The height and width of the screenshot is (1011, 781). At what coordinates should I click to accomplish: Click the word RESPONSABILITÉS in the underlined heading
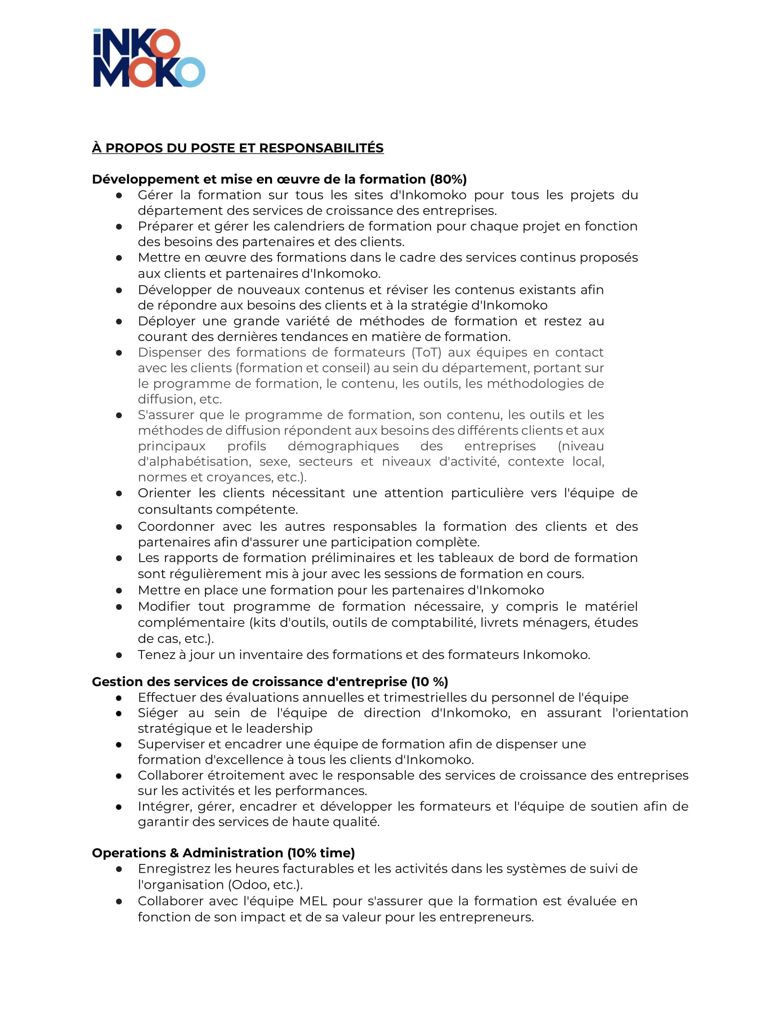click(321, 148)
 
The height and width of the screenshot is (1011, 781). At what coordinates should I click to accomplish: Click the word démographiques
click(343, 446)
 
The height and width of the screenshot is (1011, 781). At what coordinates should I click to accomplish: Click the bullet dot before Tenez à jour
click(119, 655)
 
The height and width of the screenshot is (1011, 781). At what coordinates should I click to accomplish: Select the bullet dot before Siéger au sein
click(119, 713)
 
